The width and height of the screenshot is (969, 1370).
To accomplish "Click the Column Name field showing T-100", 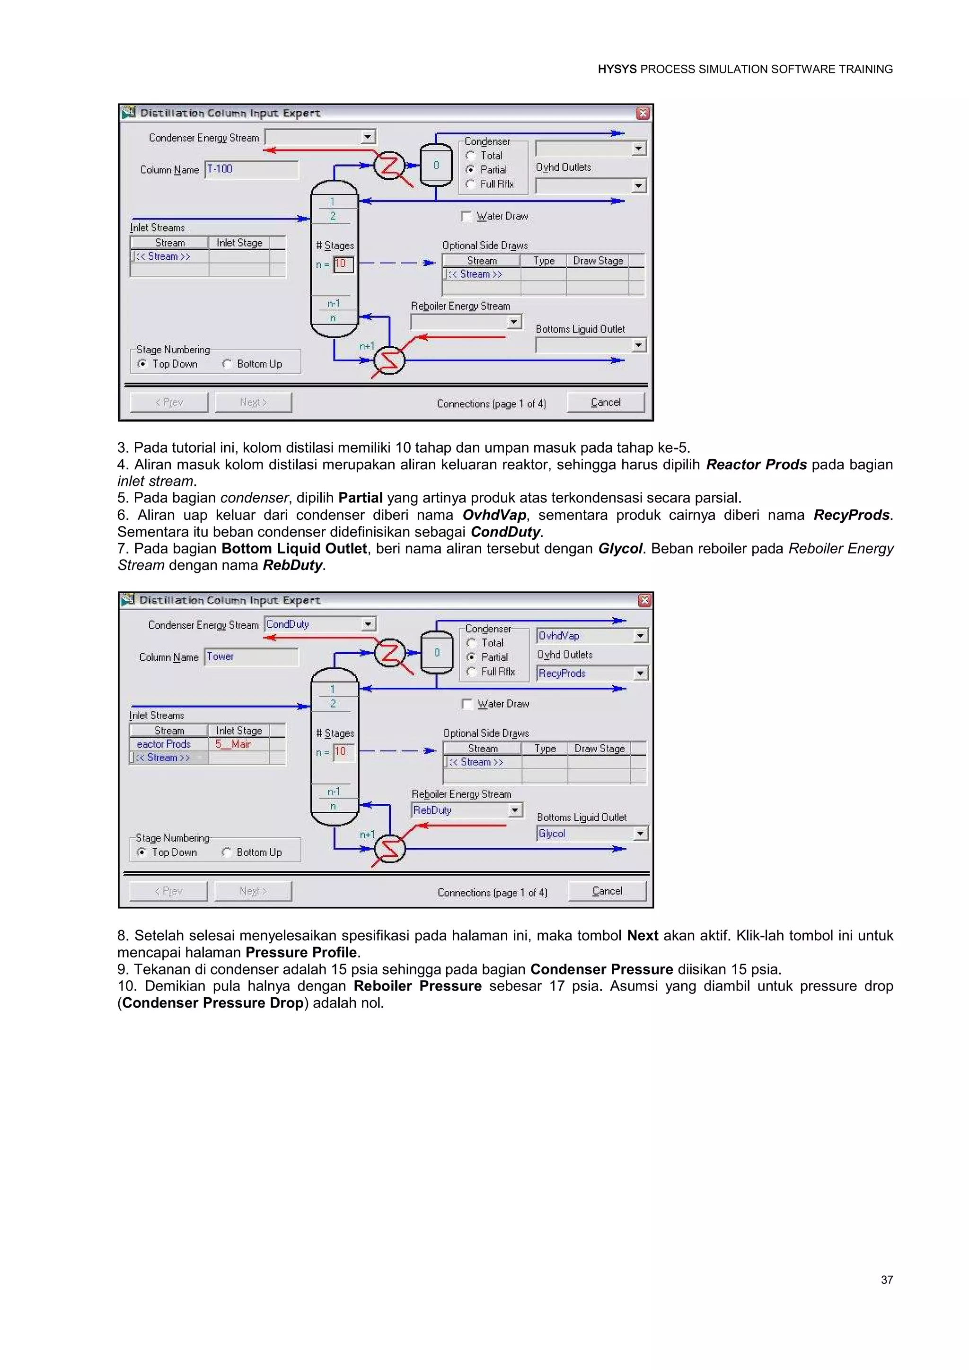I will coord(251,169).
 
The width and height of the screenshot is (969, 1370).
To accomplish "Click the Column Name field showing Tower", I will coord(251,657).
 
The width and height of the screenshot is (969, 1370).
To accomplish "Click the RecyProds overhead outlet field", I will coord(585,674).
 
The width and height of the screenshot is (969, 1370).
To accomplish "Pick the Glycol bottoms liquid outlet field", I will coord(585,834).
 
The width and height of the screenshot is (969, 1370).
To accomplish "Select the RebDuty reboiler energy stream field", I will coord(459,810).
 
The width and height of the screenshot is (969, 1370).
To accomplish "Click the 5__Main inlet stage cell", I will coord(238,744).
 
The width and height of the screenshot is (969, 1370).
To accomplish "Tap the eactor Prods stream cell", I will coord(167,744).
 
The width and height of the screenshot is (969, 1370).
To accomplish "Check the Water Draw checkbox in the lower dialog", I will coord(467,704).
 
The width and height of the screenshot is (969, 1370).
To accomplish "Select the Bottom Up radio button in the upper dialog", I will coord(227,364).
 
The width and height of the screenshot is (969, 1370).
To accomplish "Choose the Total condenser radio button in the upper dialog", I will coord(471,156).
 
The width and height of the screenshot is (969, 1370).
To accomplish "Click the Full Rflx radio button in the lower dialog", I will coord(471,672).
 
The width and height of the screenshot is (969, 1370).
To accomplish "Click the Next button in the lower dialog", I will coord(253,891).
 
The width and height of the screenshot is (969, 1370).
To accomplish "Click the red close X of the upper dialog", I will coord(643,114).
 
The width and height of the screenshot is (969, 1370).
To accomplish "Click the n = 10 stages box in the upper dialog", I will coord(343,264).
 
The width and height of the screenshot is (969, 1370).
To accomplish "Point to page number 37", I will coord(887,1280).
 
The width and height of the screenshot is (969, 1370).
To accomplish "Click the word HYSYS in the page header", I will coord(617,69).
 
